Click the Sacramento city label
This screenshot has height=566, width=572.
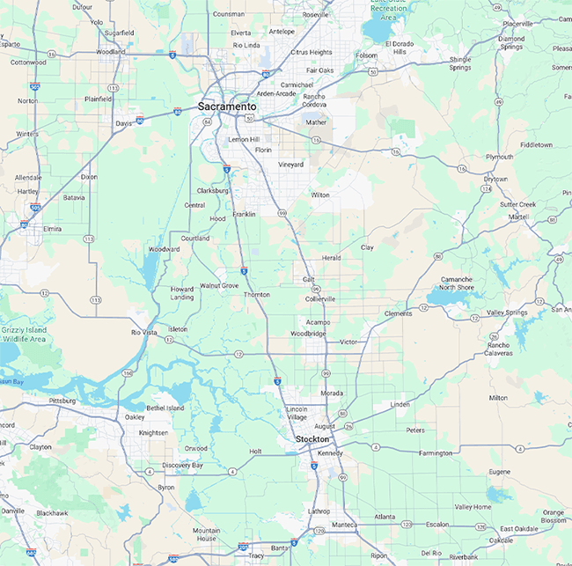[x=227, y=107]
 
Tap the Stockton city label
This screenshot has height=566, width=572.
[x=312, y=438]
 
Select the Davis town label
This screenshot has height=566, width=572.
[x=124, y=123]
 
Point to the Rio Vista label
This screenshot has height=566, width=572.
[x=143, y=332]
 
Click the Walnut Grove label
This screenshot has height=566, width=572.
[x=219, y=285]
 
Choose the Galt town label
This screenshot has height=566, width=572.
[x=308, y=278]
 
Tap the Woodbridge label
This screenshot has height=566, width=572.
[x=308, y=334]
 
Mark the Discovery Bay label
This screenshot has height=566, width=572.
[x=182, y=465]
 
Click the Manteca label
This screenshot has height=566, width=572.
[x=344, y=525]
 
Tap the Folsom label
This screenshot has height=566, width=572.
[x=365, y=55]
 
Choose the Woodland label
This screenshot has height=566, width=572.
[x=111, y=52]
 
